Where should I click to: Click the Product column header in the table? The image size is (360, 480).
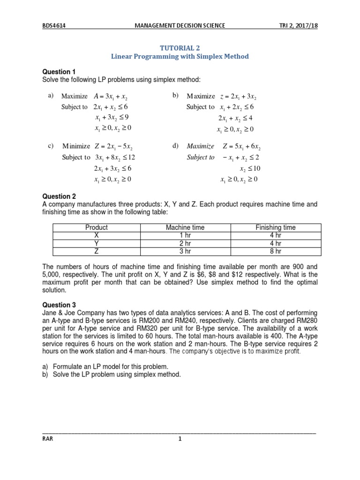pos(97,227)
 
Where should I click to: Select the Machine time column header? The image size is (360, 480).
pos(185,227)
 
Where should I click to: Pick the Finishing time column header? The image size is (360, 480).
pos(275,227)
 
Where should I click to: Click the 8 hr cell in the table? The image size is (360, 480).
pos(275,251)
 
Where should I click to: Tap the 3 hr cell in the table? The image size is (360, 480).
pos(185,251)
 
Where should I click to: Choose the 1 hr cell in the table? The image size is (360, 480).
pos(185,235)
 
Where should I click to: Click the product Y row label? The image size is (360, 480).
pos(97,243)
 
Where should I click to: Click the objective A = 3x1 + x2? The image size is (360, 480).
pos(112,96)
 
